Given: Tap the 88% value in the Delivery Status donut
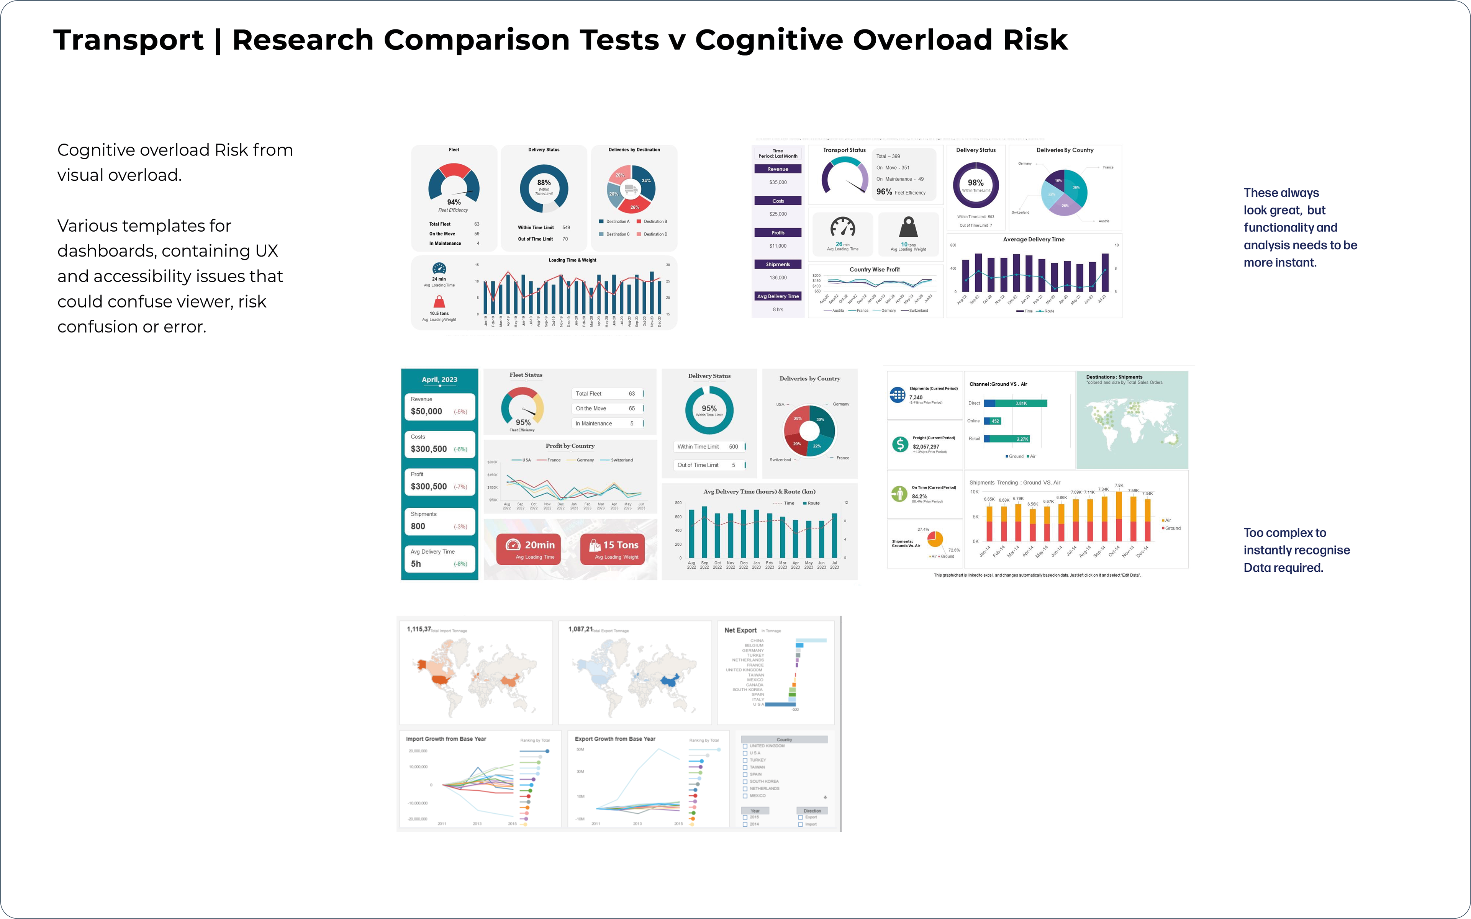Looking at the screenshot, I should coord(544,182).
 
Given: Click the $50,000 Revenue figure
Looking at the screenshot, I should coord(426,412).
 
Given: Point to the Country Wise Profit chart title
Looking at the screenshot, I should coord(874,269).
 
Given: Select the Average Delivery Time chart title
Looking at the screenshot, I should coord(1034,239).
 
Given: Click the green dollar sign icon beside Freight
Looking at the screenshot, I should coord(899,444).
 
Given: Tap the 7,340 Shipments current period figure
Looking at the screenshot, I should coord(916,397).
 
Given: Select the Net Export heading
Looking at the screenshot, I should coord(740,630).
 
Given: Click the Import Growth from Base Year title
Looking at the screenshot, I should coord(446,739).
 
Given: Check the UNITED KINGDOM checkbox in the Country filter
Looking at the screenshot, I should coord(745,746).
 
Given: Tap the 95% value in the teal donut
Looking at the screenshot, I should coord(709,409).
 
